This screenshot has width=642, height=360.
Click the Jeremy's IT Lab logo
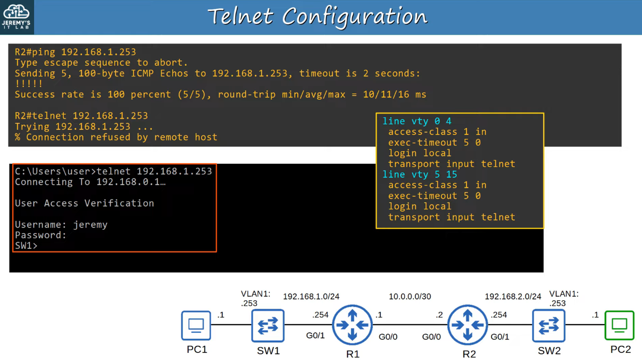tap(16, 17)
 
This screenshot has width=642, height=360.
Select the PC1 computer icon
tap(196, 325)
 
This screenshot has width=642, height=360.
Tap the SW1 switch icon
tap(268, 325)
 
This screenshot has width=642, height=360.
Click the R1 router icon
tap(352, 325)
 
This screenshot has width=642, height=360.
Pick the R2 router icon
tap(468, 325)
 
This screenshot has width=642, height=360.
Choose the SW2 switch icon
tap(549, 325)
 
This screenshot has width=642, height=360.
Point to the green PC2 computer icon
tap(619, 325)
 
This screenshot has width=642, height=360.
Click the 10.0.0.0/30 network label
tap(410, 296)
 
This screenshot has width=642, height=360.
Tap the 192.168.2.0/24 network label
tap(513, 296)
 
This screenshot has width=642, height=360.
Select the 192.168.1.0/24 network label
tap(311, 296)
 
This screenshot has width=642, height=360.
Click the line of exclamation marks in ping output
tap(29, 84)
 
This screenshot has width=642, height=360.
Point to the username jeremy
tap(90, 225)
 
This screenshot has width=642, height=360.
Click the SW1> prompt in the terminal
tap(26, 246)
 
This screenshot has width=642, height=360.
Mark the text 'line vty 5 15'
tap(420, 175)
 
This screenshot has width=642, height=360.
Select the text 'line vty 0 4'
tap(417, 121)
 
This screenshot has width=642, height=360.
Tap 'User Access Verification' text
tap(84, 203)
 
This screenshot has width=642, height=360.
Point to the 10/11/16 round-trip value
tap(386, 95)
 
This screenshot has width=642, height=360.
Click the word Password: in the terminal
tap(40, 235)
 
